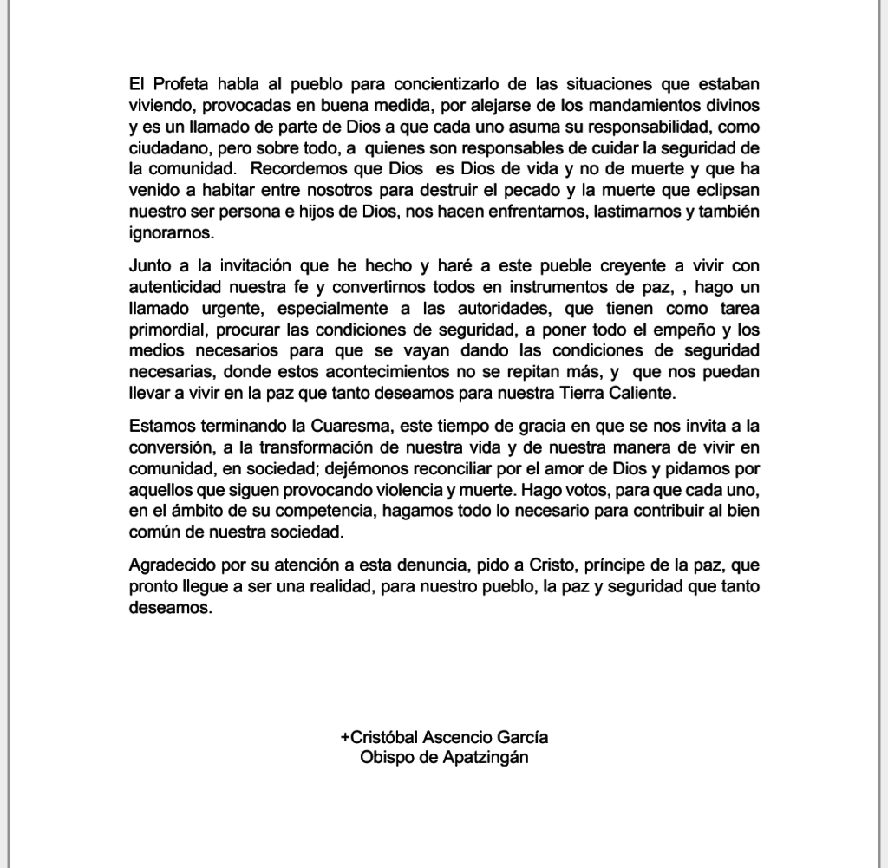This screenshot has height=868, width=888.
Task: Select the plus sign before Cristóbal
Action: pyautogui.click(x=345, y=738)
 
